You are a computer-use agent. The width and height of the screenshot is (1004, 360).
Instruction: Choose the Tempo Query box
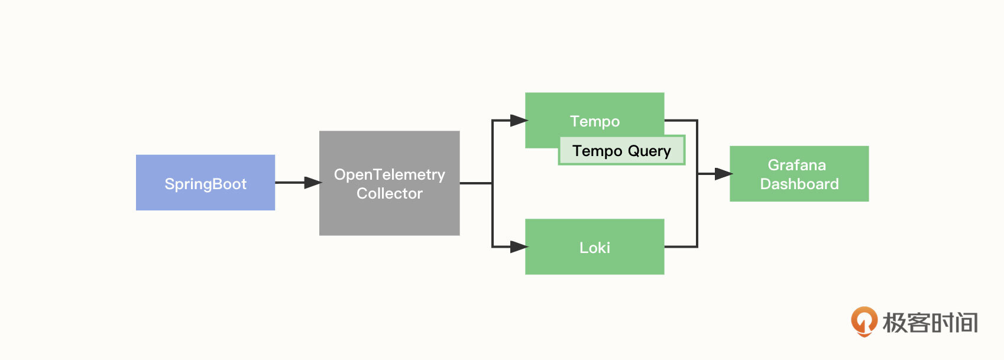[x=621, y=151]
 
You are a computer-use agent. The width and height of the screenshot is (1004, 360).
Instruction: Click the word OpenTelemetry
[x=389, y=174]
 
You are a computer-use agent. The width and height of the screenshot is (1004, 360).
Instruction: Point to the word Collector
[x=389, y=193]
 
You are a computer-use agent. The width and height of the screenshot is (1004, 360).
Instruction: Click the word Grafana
[x=796, y=165]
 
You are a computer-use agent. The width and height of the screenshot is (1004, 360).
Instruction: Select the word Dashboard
[x=799, y=184]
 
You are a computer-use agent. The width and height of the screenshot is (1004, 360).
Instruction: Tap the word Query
[x=649, y=151]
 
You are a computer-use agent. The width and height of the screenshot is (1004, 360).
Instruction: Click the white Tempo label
[x=594, y=121]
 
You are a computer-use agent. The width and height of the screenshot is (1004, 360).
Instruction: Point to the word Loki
[x=594, y=248]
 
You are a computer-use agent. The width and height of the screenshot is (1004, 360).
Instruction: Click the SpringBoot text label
[x=205, y=184]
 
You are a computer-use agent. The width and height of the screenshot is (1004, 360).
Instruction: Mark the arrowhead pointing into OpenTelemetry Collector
[x=312, y=183]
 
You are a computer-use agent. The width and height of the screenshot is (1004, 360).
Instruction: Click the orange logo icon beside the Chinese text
[x=864, y=321]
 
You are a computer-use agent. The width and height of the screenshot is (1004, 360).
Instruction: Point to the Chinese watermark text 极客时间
[x=929, y=323]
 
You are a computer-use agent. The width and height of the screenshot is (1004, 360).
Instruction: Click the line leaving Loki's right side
[x=681, y=247]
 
